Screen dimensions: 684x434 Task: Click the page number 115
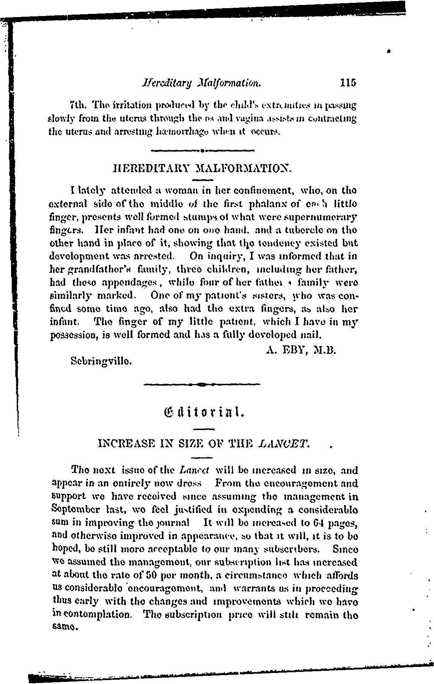pos(348,83)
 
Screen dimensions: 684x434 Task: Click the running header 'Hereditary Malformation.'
pos(202,83)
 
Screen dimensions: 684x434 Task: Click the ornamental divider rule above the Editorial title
pos(202,384)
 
